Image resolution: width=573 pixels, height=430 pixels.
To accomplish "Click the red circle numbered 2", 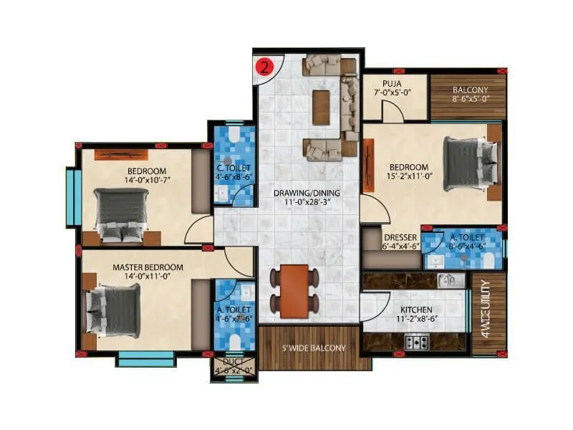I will coord(265,68).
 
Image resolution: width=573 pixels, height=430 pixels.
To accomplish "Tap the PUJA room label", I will coord(391,83).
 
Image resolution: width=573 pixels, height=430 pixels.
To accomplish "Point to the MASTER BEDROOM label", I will coord(148,267).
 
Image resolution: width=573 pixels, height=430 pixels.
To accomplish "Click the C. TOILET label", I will coord(233,169).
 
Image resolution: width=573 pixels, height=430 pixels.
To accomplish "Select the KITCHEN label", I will coord(417,310).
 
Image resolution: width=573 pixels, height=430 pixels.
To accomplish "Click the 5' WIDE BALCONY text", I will coord(314,348).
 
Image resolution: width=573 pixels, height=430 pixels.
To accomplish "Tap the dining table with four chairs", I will coord(294,289).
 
